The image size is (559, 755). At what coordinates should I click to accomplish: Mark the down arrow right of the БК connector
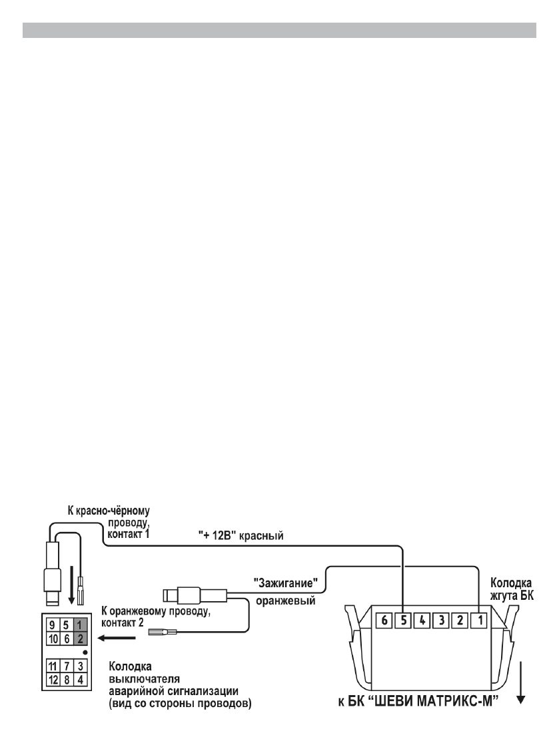click(522, 682)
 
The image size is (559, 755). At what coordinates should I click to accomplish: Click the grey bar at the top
click(279, 31)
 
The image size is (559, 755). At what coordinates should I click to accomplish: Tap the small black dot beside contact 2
click(85, 652)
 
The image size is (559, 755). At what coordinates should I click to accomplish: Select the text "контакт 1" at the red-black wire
click(131, 533)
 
